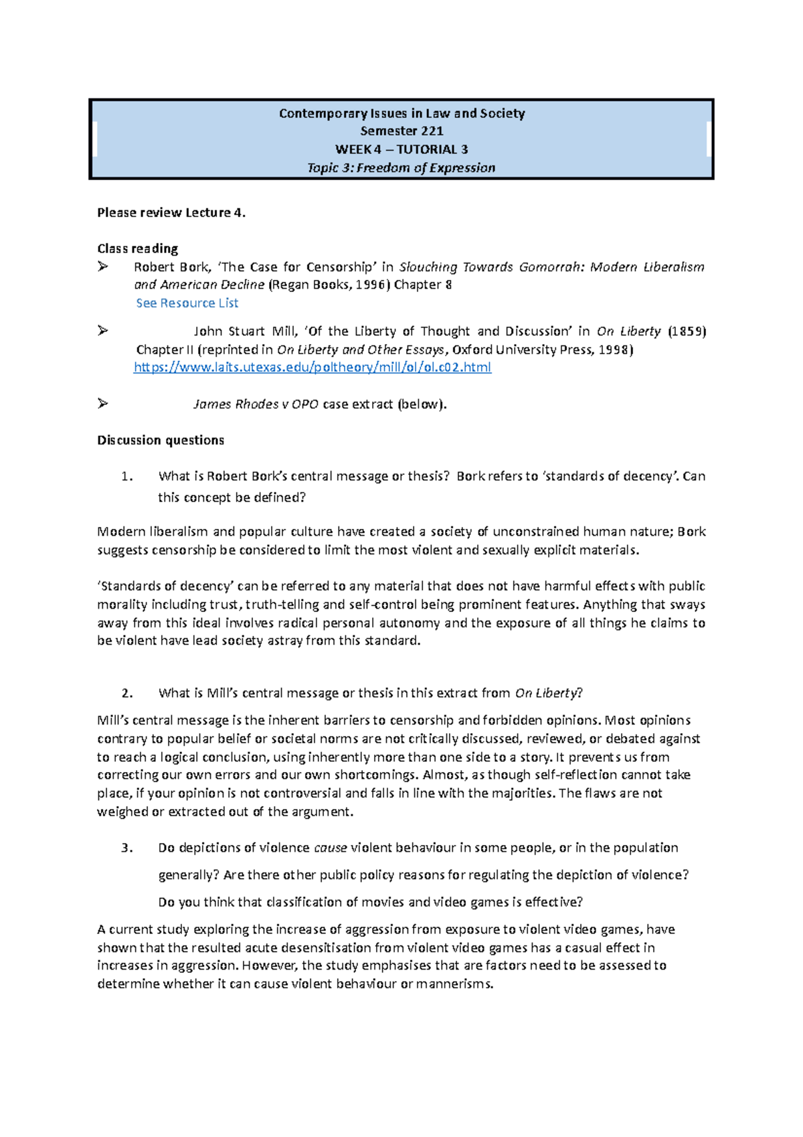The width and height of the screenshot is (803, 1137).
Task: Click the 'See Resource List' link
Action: click(187, 303)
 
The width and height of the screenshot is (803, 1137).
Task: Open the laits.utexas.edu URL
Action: click(313, 367)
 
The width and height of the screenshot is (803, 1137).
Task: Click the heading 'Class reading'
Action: click(137, 248)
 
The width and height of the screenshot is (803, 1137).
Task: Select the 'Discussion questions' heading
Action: click(161, 440)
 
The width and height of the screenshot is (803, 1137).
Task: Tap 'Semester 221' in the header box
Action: click(401, 131)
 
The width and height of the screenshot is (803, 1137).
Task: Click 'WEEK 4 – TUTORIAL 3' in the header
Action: click(401, 149)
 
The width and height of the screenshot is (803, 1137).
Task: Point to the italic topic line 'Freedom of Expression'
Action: click(426, 168)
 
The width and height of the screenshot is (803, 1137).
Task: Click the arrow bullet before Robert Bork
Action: click(102, 267)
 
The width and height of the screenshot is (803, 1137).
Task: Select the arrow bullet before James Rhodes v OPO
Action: click(102, 403)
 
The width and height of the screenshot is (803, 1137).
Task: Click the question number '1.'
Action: click(127, 476)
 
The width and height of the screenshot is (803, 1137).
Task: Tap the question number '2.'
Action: click(127, 693)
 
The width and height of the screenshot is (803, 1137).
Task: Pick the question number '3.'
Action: click(127, 848)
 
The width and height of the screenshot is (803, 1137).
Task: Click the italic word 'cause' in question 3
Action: click(330, 848)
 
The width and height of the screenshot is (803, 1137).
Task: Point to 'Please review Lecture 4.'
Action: click(171, 212)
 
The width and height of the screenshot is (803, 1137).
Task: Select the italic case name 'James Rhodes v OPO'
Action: click(256, 404)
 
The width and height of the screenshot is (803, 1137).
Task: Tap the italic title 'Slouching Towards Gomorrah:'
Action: click(492, 267)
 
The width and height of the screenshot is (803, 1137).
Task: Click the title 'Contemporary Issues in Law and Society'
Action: click(401, 113)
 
